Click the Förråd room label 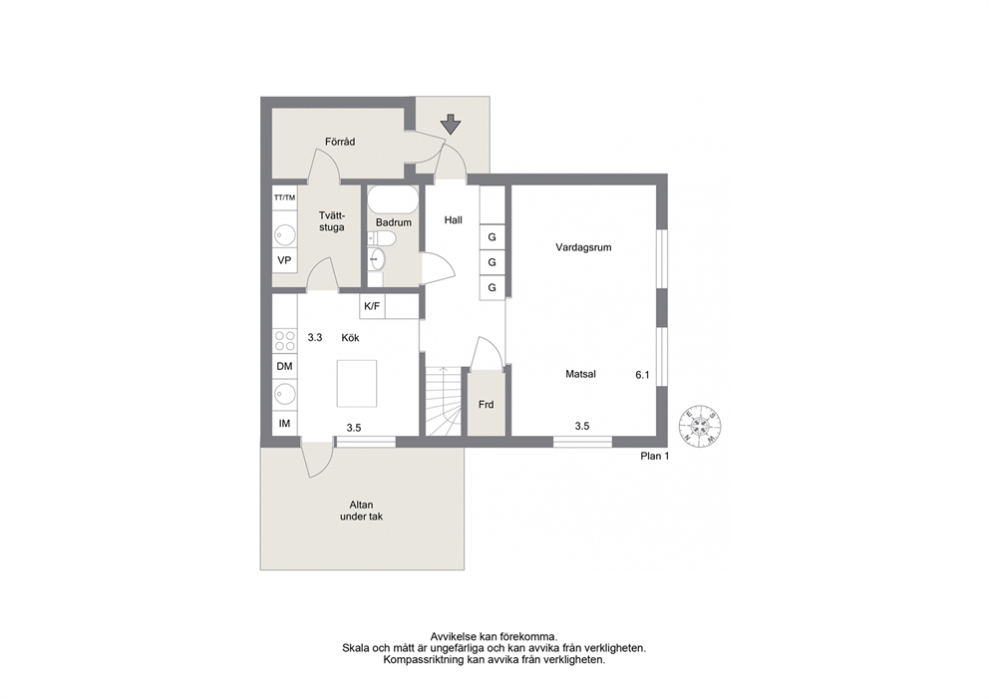click(x=340, y=142)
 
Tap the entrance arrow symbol click(x=451, y=125)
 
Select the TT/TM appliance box click(x=284, y=197)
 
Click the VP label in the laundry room click(x=284, y=260)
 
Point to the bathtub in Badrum click(x=393, y=199)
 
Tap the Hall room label click(x=453, y=220)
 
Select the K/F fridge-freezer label click(x=372, y=306)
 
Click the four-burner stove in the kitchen click(x=285, y=341)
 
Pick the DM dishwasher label click(x=284, y=367)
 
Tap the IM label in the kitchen click(x=284, y=424)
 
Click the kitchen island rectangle click(x=356, y=384)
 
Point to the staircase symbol click(x=444, y=401)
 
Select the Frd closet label click(x=486, y=405)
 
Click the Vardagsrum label click(x=583, y=247)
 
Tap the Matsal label click(x=581, y=374)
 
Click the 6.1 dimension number click(x=642, y=375)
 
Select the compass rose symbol click(x=700, y=425)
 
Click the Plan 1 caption click(x=655, y=456)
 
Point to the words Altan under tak click(x=362, y=511)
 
